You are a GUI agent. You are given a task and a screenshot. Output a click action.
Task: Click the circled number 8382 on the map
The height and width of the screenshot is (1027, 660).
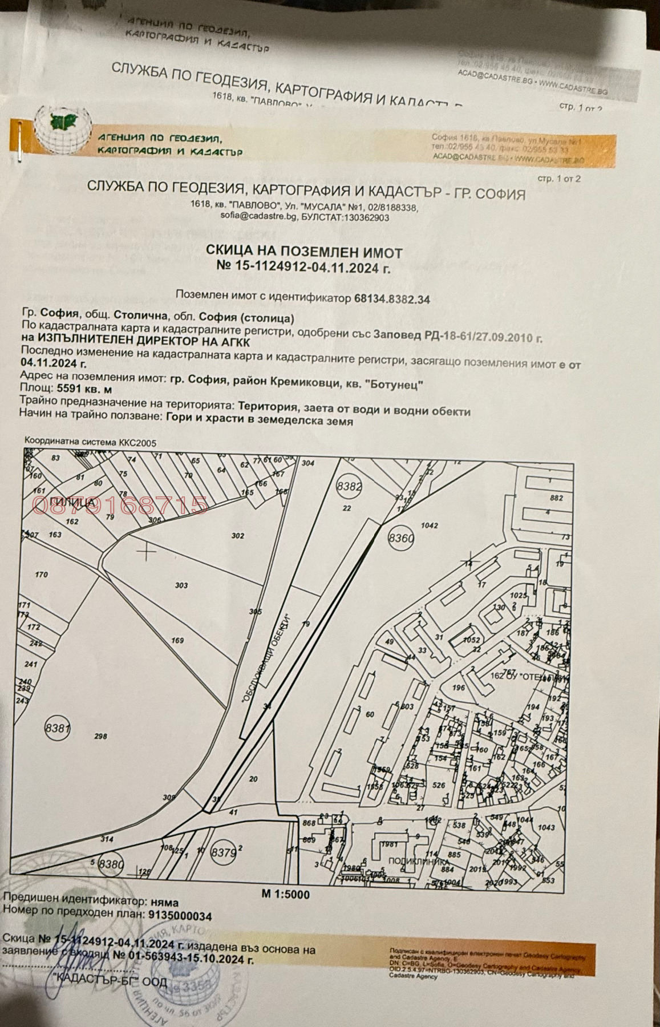tap(349, 486)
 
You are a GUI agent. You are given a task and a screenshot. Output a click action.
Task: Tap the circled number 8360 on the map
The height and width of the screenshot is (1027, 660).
tap(400, 537)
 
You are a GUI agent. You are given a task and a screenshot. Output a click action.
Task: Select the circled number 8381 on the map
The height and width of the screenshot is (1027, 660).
tap(57, 728)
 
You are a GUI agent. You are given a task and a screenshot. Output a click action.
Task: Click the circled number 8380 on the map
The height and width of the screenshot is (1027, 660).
tap(111, 864)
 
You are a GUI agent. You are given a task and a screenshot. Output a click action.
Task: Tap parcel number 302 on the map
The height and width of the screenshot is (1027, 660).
tap(238, 536)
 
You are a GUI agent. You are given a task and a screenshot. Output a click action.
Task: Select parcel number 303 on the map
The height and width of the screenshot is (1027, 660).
tap(181, 585)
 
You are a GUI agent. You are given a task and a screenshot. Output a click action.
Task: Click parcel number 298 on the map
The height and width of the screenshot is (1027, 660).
tap(100, 737)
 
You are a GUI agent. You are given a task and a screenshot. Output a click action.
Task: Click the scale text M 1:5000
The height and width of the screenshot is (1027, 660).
tap(285, 894)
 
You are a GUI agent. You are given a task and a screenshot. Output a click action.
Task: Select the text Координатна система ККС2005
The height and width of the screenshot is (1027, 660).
tap(90, 442)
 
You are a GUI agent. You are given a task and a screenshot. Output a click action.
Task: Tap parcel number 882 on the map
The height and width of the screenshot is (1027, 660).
tap(556, 498)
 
